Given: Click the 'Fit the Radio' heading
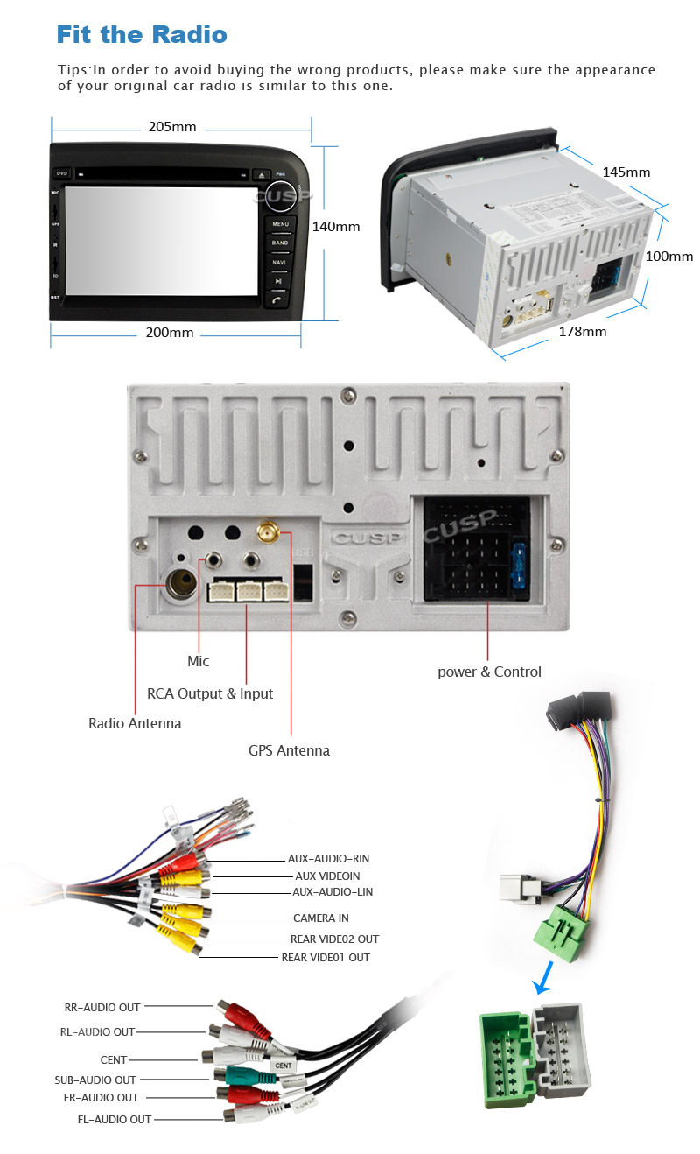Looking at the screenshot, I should click(142, 35).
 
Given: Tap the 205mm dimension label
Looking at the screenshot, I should click(171, 127).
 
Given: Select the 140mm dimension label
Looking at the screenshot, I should click(336, 226).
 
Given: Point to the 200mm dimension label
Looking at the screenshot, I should click(170, 333).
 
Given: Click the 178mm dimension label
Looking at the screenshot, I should click(582, 332).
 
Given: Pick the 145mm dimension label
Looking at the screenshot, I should click(626, 172).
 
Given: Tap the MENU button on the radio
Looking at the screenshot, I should click(279, 224).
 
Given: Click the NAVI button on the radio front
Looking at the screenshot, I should click(279, 262).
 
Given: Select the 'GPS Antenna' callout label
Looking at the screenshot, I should click(289, 750).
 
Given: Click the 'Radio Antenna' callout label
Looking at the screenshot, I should click(135, 723).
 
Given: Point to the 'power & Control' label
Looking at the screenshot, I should click(489, 672).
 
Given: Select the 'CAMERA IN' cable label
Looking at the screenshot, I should click(320, 918).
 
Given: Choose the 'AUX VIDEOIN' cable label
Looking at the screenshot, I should click(327, 876).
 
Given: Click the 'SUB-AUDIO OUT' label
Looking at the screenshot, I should click(95, 1080).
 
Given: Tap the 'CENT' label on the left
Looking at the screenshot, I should click(113, 1059).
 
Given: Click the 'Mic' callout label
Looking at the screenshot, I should click(199, 661).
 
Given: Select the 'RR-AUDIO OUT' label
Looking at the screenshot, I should click(102, 1007).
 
